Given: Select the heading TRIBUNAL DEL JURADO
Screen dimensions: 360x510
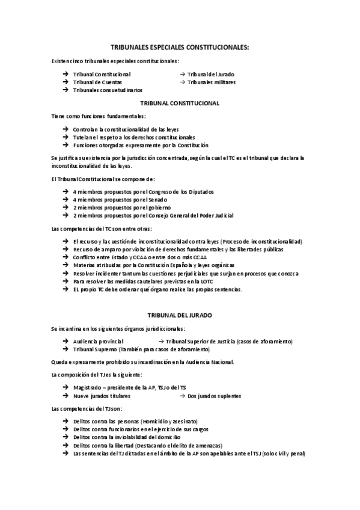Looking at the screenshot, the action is [x=180, y=315].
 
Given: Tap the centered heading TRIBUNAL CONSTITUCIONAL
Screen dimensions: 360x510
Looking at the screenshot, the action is [x=180, y=103].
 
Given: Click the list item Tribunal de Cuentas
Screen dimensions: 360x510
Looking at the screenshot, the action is [x=97, y=82].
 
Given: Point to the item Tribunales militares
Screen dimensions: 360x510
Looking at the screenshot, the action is [x=211, y=82].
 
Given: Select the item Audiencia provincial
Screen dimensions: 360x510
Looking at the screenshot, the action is [x=98, y=341].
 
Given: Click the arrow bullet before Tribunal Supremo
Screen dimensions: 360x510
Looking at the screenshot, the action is [x=65, y=349].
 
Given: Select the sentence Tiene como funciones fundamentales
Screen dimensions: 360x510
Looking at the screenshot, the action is [x=99, y=116].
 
